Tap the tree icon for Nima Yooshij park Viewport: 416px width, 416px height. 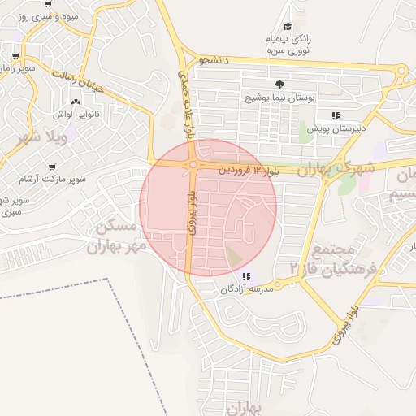[279, 84]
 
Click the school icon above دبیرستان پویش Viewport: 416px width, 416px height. [336, 115]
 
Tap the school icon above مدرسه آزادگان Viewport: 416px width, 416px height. [246, 276]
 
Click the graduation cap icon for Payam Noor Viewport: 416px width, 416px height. [289, 28]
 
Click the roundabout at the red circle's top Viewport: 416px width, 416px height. [194, 164]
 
